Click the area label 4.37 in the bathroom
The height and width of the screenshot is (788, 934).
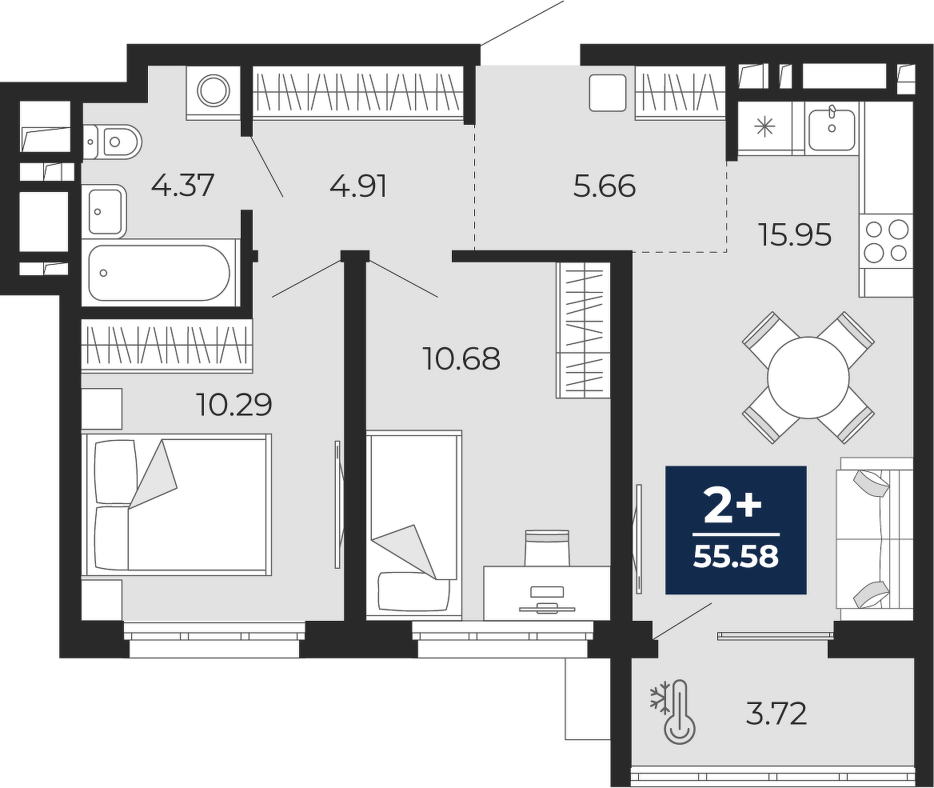click(x=182, y=186)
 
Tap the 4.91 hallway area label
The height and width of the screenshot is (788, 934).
click(x=358, y=186)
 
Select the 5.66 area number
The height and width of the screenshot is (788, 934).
click(x=605, y=186)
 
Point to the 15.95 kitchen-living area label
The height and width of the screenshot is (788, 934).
click(x=795, y=235)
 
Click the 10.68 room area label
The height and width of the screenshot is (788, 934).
click(x=461, y=359)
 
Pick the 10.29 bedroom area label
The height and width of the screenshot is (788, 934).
click(x=234, y=405)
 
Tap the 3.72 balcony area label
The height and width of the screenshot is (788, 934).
click(x=776, y=714)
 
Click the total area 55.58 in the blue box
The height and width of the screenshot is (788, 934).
click(x=736, y=557)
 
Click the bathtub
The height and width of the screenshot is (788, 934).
click(x=160, y=273)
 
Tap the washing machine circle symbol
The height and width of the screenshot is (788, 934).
click(x=214, y=91)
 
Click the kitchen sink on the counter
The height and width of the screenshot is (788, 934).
click(x=832, y=126)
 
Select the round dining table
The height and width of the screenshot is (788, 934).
click(x=808, y=378)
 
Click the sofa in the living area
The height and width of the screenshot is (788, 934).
click(x=875, y=540)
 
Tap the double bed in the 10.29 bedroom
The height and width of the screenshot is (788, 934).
click(x=178, y=504)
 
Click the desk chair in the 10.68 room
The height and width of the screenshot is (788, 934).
click(x=547, y=547)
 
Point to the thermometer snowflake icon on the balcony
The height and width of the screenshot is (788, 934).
click(x=673, y=712)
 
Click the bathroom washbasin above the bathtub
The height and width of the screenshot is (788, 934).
click(x=107, y=210)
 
